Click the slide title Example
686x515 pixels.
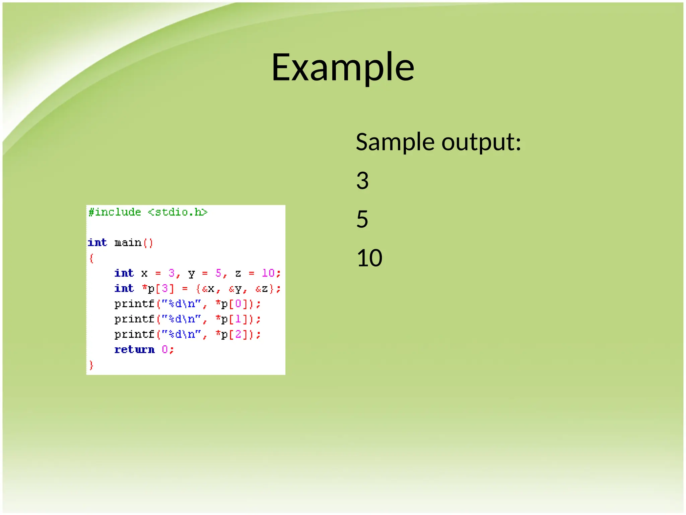pos(343,67)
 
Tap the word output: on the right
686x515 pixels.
pos(481,143)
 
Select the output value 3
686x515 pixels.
pos(362,181)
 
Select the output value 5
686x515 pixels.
pos(362,219)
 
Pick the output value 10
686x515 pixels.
pos(369,258)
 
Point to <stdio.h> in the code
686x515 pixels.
pos(178,212)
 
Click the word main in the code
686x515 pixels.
pos(128,242)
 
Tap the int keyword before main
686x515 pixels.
pos(97,242)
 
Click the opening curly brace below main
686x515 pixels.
pos(91,258)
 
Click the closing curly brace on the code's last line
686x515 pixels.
pos(91,365)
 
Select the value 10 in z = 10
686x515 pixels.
pos(268,273)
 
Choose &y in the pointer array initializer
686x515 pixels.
pos(235,289)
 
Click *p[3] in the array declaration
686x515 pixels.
pos(158,289)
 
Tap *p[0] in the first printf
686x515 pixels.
pos(231,304)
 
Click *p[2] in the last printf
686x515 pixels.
pos(231,335)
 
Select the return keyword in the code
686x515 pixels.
pos(134,350)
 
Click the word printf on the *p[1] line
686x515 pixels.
pos(134,319)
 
